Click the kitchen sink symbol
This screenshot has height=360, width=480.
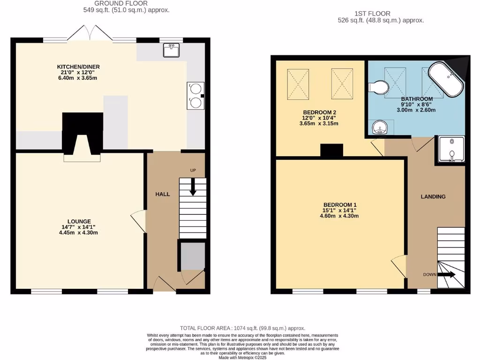pos(172,50)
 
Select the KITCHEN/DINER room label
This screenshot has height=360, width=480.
pos(79,67)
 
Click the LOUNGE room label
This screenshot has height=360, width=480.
pos(79,221)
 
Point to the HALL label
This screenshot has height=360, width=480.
pos(163,194)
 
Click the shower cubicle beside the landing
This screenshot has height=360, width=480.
pos(450,150)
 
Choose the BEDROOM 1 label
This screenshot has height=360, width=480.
pos(340,205)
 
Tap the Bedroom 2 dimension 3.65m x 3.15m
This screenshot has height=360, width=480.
pos(319,124)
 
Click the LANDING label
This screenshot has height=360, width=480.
pos(433,196)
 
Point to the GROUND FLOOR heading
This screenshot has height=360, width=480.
pos(115,3)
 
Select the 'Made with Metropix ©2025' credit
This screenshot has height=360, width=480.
pos(242,357)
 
